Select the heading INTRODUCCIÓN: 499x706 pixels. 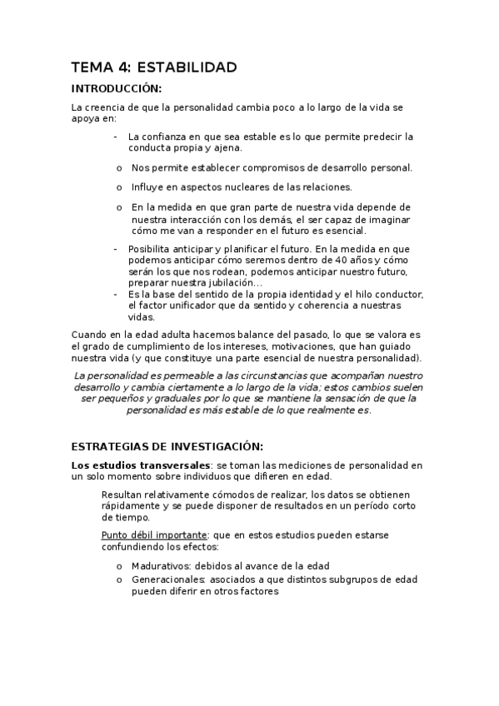coord(116,89)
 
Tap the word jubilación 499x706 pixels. coord(224,282)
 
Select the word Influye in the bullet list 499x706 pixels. coord(147,186)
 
